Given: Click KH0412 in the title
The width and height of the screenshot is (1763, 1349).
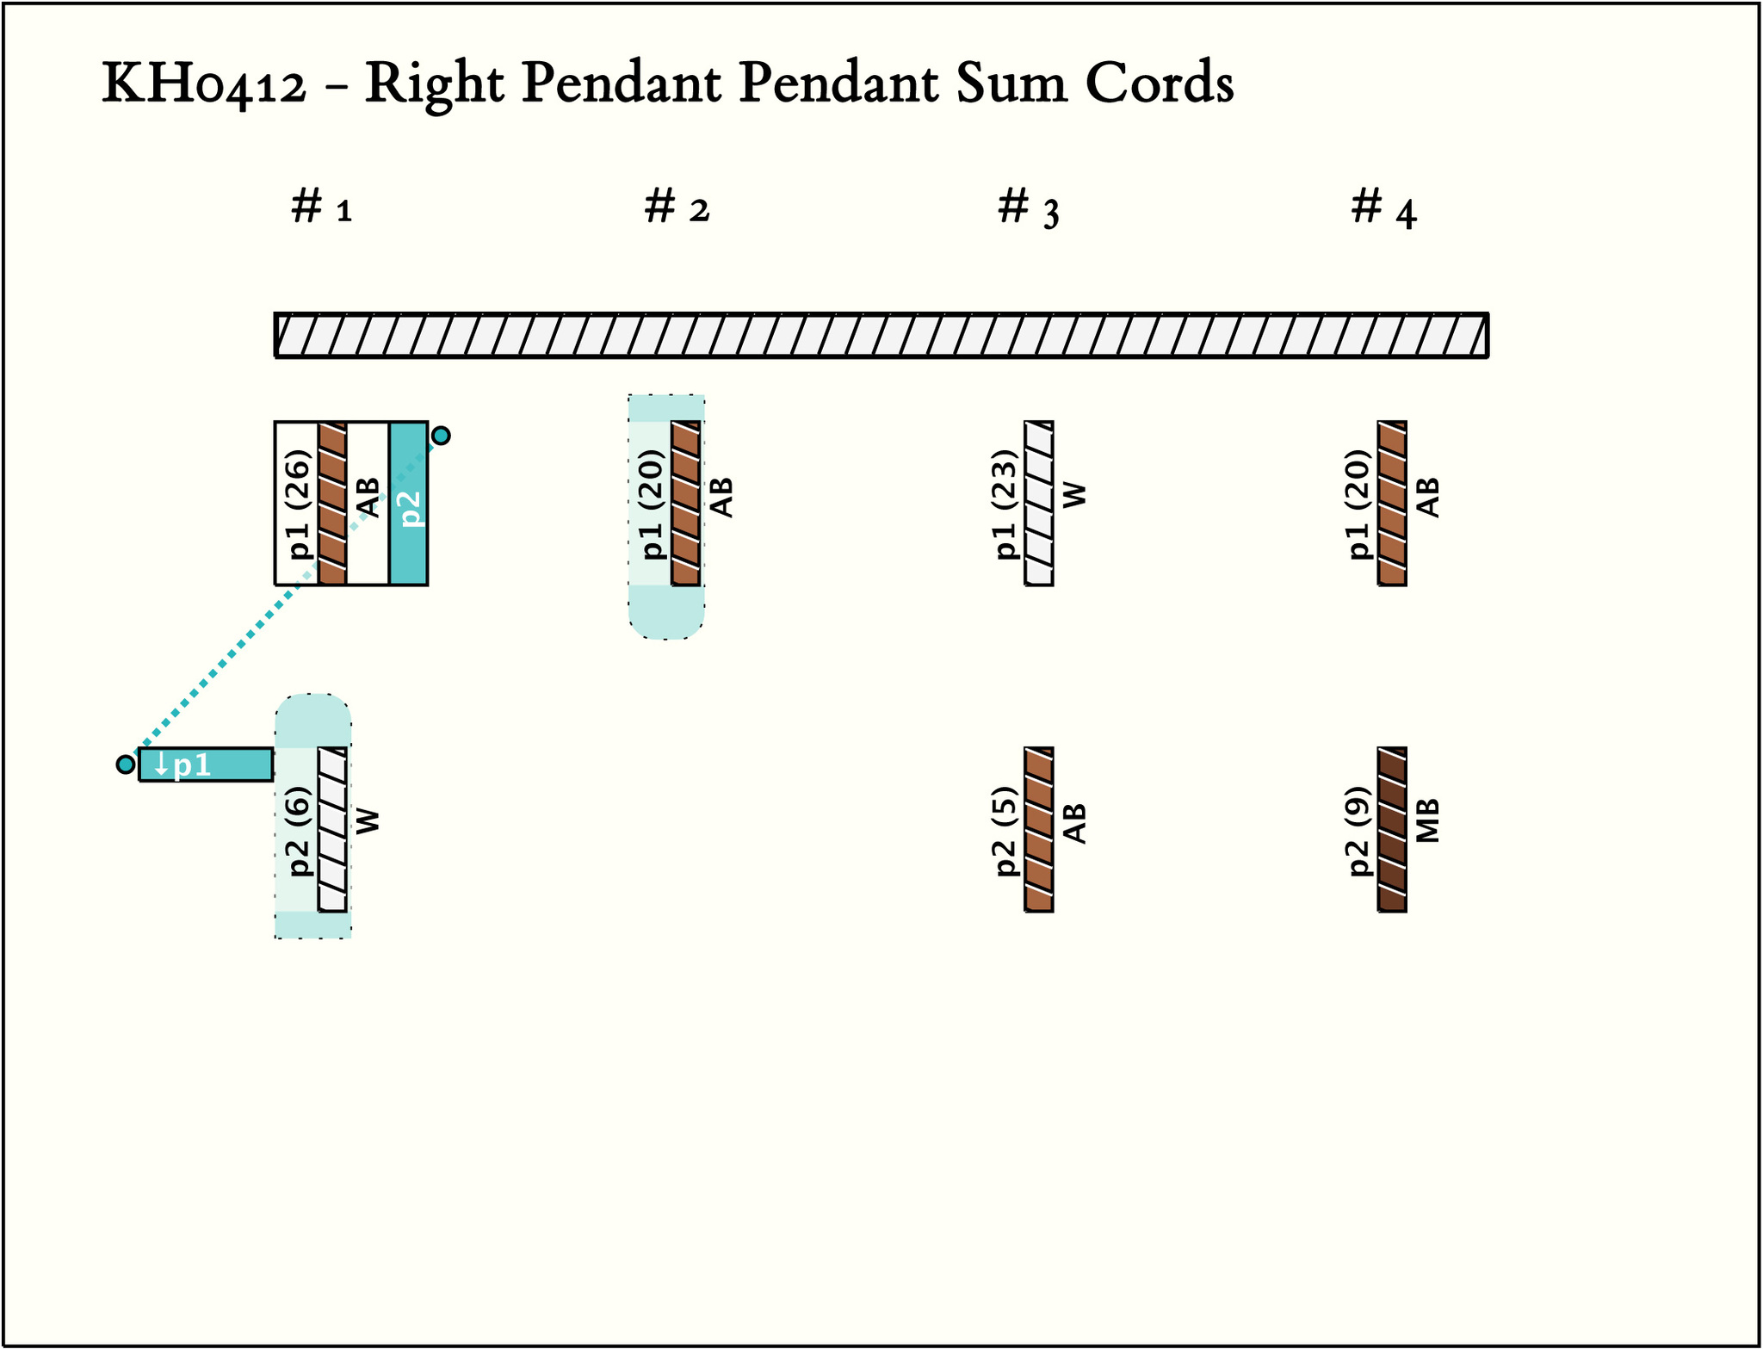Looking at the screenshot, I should [204, 84].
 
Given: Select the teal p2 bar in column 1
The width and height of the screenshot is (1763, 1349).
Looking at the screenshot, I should [408, 504].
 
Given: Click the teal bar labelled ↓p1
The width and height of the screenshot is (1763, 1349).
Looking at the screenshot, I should [206, 764].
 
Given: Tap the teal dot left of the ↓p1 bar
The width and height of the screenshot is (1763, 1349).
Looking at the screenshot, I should [126, 764].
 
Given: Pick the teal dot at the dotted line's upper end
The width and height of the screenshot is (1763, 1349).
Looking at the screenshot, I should [441, 436].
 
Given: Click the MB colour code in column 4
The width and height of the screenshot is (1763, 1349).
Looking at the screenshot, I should [1427, 820].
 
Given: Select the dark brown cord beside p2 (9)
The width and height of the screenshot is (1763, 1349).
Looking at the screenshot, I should [1392, 830].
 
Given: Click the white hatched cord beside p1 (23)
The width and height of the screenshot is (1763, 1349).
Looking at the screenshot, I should [1039, 504].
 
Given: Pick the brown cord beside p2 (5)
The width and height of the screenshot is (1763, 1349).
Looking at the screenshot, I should [1039, 830].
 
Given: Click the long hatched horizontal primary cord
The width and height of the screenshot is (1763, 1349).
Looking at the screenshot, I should [881, 335].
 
